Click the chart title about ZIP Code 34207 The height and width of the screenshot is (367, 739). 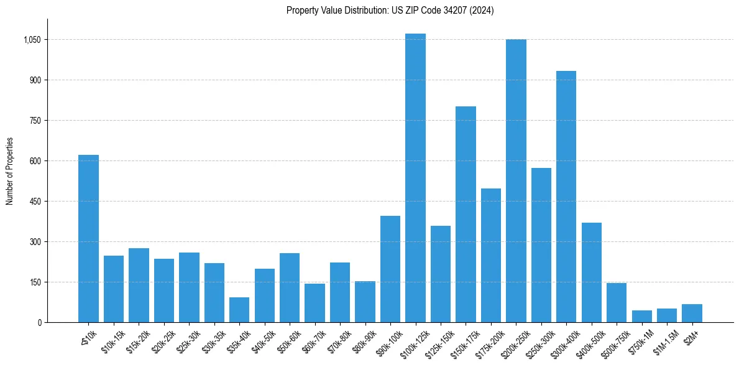coord(390,11)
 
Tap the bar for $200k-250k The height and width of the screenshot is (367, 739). coord(516,181)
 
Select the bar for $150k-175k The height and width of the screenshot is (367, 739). coord(466,214)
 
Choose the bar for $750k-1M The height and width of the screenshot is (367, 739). coord(641,316)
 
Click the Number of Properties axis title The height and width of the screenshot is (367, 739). coord(10,171)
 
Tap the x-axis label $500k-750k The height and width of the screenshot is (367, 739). coord(614,339)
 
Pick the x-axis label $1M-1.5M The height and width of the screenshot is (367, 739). coord(664,339)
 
